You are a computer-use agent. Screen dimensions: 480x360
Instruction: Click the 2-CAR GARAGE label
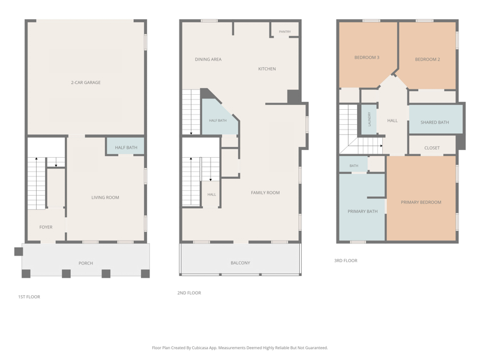click(x=86, y=82)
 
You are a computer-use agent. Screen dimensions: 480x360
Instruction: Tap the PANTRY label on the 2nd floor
click(x=284, y=32)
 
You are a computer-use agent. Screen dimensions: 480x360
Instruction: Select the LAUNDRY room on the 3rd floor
click(x=369, y=119)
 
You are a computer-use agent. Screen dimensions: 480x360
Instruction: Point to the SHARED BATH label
click(x=434, y=122)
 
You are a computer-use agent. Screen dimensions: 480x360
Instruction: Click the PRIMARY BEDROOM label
click(x=421, y=202)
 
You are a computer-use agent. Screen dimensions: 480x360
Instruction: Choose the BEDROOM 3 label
click(x=367, y=57)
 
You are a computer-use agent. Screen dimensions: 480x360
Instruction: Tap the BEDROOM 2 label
click(x=427, y=59)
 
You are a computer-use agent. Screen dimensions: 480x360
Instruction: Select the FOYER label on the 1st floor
click(x=46, y=227)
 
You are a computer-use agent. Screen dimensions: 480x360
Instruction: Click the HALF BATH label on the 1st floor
click(x=126, y=148)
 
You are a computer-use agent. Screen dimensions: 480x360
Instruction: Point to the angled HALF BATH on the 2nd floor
click(x=218, y=121)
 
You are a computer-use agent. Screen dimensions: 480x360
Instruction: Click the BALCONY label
click(x=241, y=263)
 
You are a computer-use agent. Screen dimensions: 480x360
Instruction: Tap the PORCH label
click(x=86, y=263)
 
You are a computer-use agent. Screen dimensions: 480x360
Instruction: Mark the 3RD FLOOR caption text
click(x=346, y=260)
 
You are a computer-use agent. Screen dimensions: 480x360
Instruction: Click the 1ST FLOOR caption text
click(x=29, y=296)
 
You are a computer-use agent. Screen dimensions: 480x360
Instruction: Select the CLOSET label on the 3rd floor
click(x=432, y=148)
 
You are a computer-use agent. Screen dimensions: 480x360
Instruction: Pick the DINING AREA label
click(x=208, y=59)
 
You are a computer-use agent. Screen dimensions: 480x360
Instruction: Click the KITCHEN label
click(x=267, y=69)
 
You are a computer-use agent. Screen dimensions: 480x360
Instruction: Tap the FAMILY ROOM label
click(x=265, y=193)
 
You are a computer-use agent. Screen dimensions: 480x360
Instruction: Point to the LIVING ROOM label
click(x=106, y=197)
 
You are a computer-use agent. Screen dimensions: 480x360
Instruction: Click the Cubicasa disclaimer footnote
click(x=239, y=348)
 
